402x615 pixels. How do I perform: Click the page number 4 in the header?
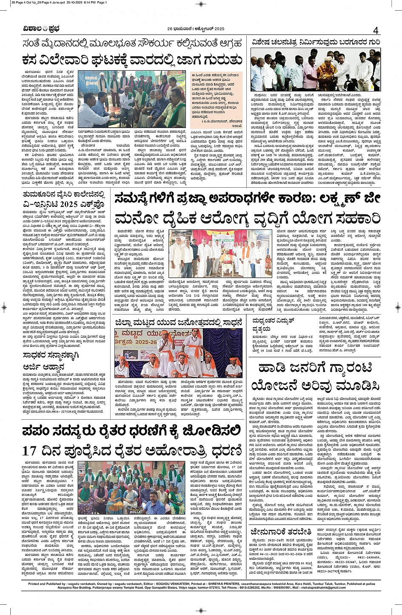376,31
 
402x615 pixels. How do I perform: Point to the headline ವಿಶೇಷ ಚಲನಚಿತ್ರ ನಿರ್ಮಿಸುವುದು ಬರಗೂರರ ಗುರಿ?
315,43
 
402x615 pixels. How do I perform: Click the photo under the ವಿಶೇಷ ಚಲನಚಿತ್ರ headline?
315,69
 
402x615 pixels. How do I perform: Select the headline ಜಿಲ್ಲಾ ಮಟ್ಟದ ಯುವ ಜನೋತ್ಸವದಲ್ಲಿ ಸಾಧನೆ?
178,323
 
